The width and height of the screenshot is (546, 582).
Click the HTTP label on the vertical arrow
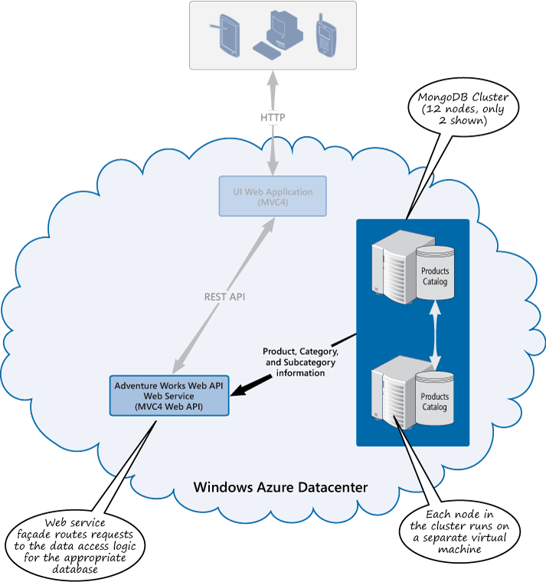point(273,119)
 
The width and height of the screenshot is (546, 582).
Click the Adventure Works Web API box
point(168,396)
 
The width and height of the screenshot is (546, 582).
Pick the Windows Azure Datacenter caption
point(280,487)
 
